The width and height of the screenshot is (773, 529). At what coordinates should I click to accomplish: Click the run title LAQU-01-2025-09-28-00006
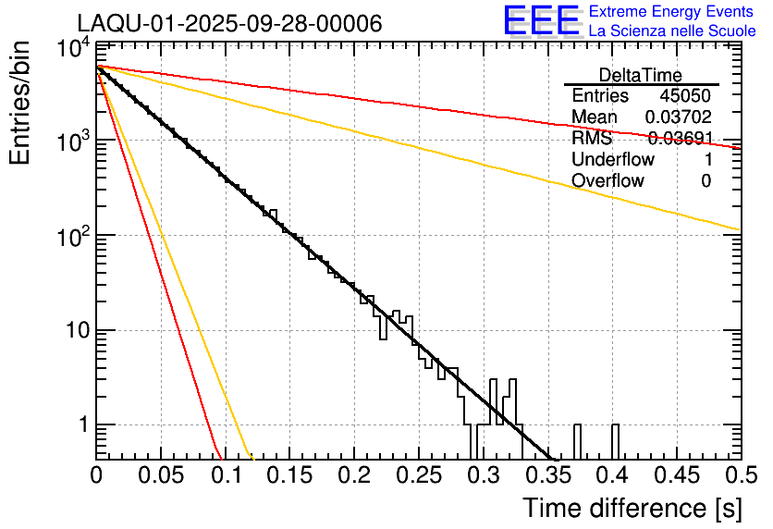tap(229, 23)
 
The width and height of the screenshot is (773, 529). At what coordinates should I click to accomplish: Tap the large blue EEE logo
tap(541, 22)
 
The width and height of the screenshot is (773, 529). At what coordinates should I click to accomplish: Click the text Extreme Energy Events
tap(672, 12)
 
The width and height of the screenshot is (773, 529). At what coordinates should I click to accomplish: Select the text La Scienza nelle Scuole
tap(672, 31)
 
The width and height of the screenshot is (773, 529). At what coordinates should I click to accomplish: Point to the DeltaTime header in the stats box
tap(641, 75)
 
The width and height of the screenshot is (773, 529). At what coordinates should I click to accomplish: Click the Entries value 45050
tap(685, 96)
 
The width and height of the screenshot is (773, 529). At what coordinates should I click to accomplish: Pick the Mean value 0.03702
tap(678, 117)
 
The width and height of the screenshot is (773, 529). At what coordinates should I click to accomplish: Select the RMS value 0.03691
tap(678, 139)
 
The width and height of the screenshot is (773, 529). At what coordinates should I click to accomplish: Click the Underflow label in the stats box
tap(613, 159)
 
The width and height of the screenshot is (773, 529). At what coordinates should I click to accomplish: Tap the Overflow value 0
tap(706, 180)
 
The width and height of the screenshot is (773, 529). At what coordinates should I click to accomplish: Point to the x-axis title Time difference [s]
tap(632, 508)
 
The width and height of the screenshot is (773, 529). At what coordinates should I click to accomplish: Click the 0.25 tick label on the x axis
tap(418, 475)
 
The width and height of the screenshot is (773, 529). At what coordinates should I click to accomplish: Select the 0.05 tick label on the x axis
tap(161, 475)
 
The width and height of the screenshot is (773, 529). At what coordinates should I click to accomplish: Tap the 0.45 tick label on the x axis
tap(675, 475)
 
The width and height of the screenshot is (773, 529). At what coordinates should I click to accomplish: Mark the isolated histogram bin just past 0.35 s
tap(578, 440)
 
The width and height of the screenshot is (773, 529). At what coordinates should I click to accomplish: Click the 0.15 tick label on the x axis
tap(289, 475)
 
